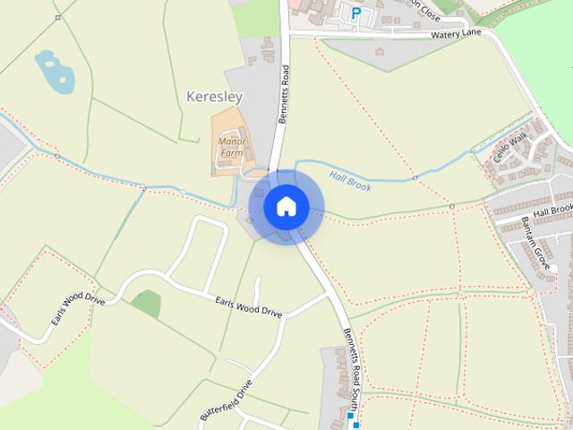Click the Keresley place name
click(x=215, y=95)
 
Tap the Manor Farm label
click(x=231, y=147)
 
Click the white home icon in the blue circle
click(x=286, y=206)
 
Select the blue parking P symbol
click(x=356, y=13)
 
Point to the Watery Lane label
click(x=456, y=34)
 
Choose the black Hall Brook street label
click(x=552, y=212)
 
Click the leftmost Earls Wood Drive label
click(x=77, y=309)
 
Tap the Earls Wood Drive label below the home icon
click(x=249, y=307)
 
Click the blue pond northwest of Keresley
click(x=54, y=72)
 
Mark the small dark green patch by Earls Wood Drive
click(x=146, y=304)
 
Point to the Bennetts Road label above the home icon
click(x=286, y=93)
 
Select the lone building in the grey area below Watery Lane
click(x=380, y=51)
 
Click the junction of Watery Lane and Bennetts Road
click(x=288, y=33)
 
